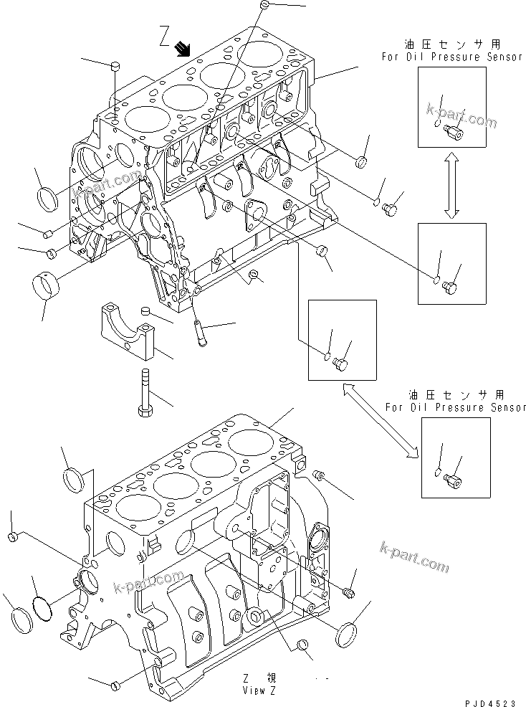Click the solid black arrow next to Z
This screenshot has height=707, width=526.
pos(183,48)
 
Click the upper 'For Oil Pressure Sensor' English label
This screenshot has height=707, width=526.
pos(453,57)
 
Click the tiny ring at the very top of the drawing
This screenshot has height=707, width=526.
pos(264,5)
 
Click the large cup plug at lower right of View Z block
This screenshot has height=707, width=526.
pos(348,636)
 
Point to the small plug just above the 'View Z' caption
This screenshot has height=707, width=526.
pos(302,647)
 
